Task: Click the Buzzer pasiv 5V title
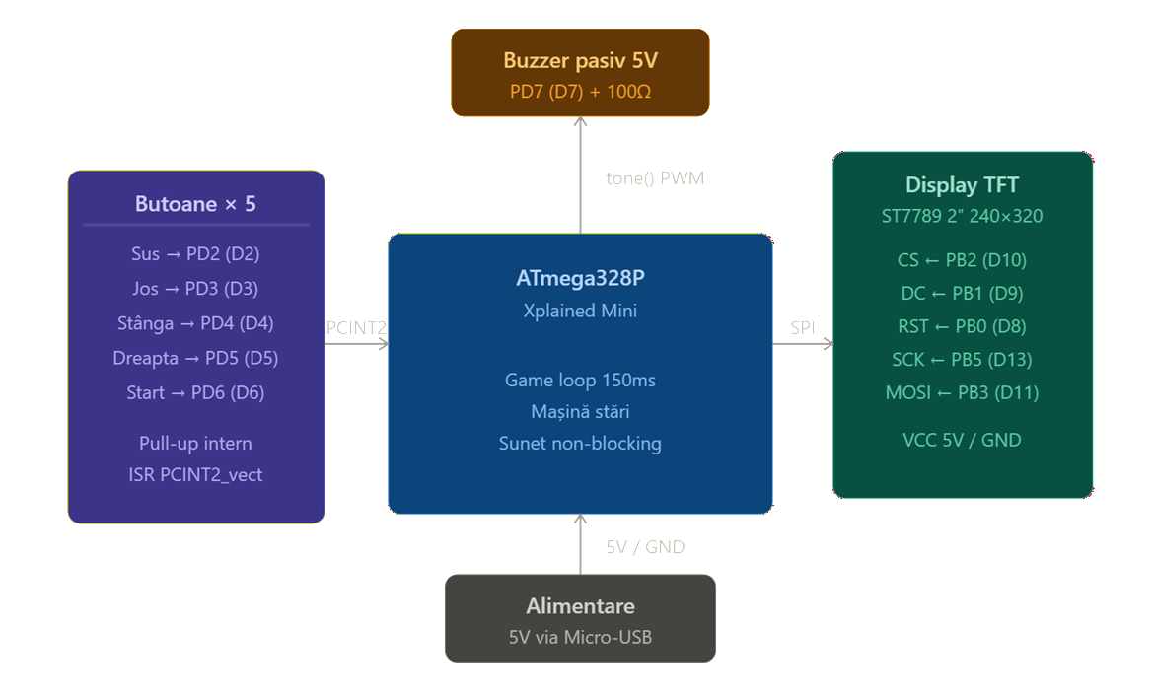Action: coord(580,60)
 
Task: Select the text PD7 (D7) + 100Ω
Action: coord(580,92)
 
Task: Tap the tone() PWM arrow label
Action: coord(655,178)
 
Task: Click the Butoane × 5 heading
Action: coord(195,204)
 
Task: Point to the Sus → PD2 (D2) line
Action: coord(195,253)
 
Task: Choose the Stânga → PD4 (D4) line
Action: coord(195,323)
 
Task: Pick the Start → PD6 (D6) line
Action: coord(195,392)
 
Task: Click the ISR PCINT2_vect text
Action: coord(195,475)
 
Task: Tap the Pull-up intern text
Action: coord(195,444)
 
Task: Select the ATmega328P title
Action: coord(580,278)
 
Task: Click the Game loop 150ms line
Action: coord(580,381)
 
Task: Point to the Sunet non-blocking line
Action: coord(580,444)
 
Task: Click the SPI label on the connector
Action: coord(802,328)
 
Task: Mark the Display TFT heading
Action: coord(962,184)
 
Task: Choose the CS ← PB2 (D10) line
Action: coord(962,260)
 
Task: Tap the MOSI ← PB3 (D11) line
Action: coord(962,392)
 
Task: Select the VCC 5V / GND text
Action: coord(962,440)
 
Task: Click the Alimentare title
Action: coord(580,606)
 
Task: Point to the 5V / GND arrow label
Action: coord(645,547)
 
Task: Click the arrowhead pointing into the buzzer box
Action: coord(580,120)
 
